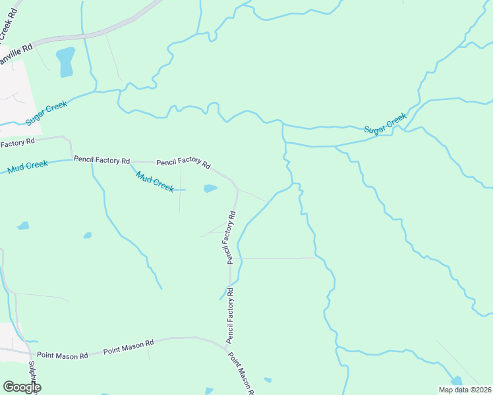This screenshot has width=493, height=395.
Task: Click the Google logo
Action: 22,387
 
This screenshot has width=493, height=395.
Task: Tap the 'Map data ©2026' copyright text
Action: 465,390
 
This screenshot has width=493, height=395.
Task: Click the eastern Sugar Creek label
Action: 386,122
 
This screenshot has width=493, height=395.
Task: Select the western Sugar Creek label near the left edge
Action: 47,113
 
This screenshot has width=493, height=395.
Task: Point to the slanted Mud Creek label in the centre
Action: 155,182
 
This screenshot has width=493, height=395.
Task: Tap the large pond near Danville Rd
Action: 65,61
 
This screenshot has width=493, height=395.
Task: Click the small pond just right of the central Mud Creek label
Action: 210,189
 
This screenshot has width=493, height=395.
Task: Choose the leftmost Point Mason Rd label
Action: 63,355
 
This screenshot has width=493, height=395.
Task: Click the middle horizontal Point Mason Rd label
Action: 129,347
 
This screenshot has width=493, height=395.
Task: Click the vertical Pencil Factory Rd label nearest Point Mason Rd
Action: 231,316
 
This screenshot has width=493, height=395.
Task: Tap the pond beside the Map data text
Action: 456,381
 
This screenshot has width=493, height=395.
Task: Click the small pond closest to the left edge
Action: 23,226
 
